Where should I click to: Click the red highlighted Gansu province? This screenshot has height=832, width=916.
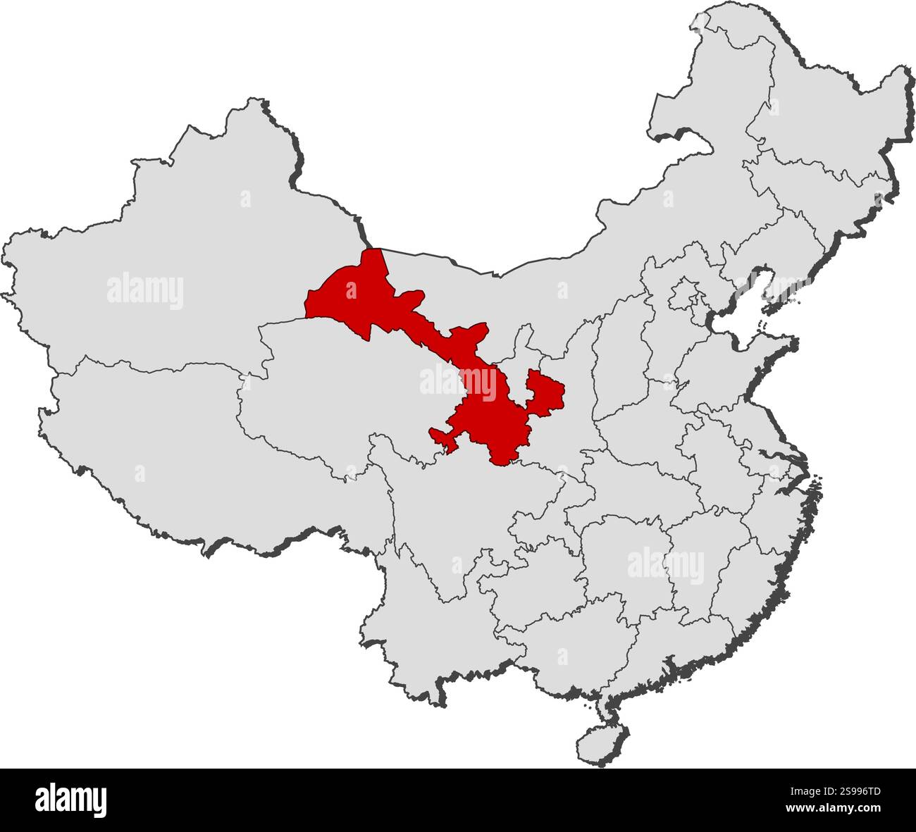tap(486, 416)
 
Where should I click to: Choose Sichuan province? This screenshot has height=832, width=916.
tap(437, 514)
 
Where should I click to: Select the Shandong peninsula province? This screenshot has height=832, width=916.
tap(733, 366)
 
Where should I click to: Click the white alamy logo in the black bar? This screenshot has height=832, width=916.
tap(70, 800)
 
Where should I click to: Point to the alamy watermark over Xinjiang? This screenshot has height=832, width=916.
tap(145, 291)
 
